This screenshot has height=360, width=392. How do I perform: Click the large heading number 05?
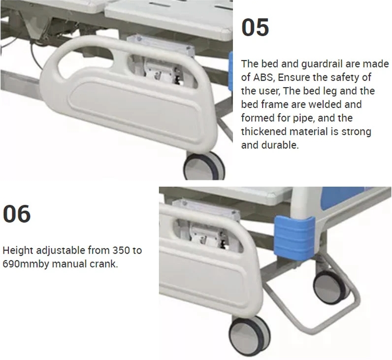pos(255,27)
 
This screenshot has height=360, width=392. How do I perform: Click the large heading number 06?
pos(17,214)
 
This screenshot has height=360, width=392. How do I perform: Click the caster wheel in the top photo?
pos(204,166)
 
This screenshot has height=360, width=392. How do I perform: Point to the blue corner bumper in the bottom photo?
pos(294,235)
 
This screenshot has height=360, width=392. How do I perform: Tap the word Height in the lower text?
pos(18,251)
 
